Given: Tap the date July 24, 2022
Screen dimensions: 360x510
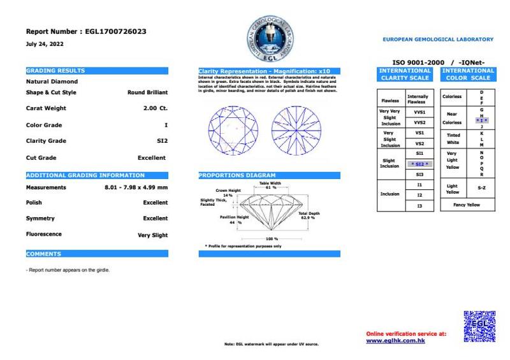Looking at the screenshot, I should [45, 44].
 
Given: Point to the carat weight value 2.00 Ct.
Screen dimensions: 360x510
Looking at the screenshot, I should [156, 108].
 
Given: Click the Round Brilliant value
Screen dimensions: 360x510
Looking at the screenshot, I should [147, 92].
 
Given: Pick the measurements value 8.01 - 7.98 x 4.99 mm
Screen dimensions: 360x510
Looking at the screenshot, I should [136, 187].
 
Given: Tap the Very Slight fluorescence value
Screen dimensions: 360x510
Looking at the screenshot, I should [153, 235].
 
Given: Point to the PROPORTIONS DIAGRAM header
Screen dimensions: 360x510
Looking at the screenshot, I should [269, 175].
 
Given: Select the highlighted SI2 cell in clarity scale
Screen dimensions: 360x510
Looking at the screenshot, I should [419, 164].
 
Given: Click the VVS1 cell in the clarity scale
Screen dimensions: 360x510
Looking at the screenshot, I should [419, 112].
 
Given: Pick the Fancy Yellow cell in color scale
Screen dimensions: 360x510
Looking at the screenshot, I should [467, 205].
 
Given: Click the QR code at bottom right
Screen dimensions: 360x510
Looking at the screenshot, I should [479, 326].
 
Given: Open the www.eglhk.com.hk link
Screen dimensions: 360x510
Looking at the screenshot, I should [396, 341].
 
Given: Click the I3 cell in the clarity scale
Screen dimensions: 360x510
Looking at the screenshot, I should [419, 206].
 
